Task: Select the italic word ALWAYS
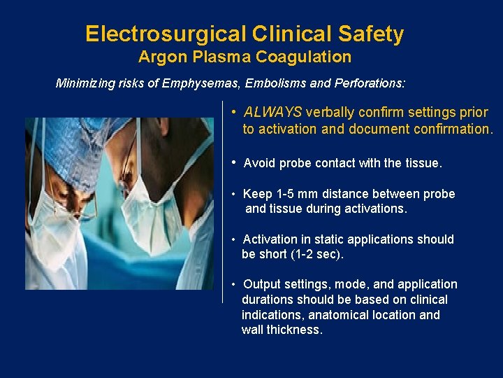point(272,112)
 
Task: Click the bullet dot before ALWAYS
point(235,112)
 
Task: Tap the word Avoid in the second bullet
point(260,163)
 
